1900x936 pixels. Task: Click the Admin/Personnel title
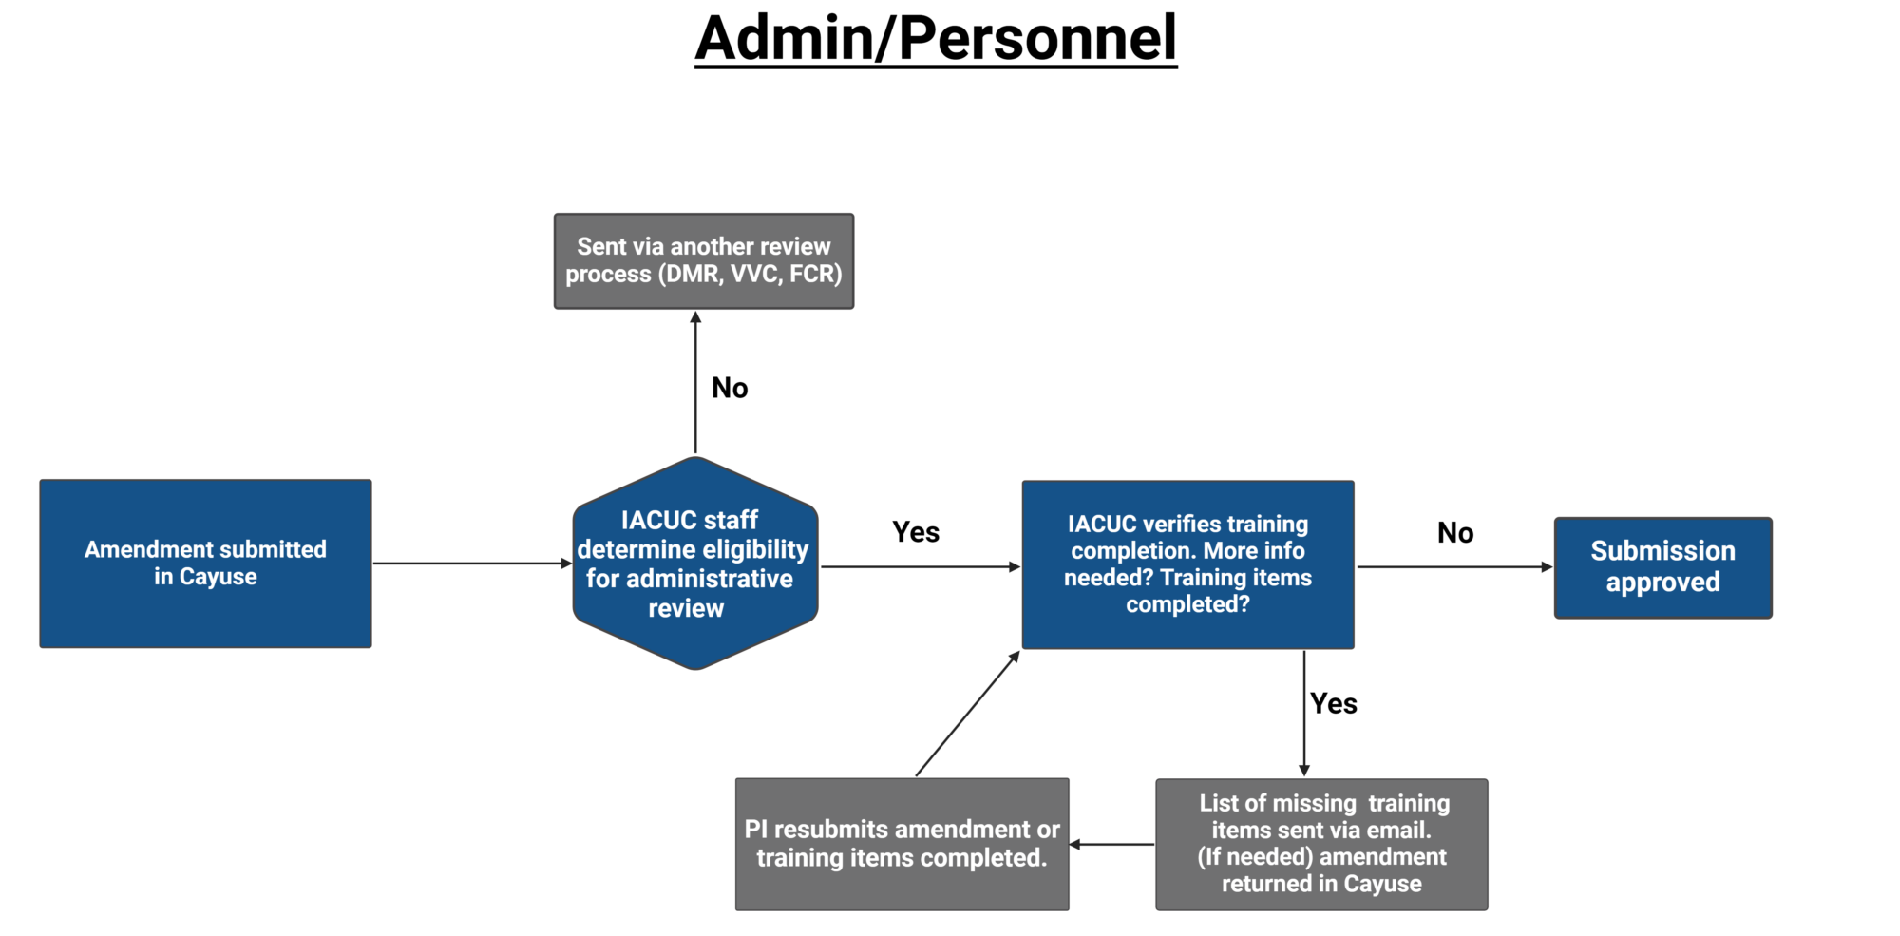coord(936,40)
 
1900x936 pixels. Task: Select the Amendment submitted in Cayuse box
coord(205,564)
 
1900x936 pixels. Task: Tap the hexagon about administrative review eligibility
coord(694,564)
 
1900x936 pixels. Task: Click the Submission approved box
coord(1662,567)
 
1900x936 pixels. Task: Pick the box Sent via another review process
coord(703,260)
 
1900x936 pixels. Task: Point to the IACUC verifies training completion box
coord(1187,564)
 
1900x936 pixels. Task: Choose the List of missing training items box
coord(1321,844)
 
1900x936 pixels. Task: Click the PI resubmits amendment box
coord(902,844)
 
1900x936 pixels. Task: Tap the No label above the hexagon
coord(730,388)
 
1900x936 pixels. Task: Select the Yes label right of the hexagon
coord(916,532)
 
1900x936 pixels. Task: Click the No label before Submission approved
coord(1455,533)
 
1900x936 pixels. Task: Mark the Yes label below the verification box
coord(1334,704)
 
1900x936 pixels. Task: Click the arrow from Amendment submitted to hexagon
coord(471,564)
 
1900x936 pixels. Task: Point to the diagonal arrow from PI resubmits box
coord(967,715)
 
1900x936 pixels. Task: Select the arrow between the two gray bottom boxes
coord(1112,844)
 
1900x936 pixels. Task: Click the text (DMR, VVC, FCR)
coord(750,275)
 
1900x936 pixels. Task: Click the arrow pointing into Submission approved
coord(1453,567)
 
